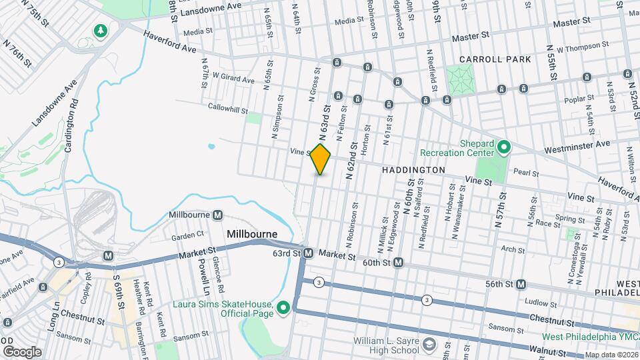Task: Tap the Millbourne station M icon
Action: pyautogui.click(x=217, y=215)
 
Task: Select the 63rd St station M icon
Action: pyautogui.click(x=308, y=253)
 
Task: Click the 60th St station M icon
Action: pyautogui.click(x=398, y=263)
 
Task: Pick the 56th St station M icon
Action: pyautogui.click(x=521, y=284)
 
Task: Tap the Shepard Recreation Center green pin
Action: pyautogui.click(x=505, y=146)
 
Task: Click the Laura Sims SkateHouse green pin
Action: pyautogui.click(x=283, y=307)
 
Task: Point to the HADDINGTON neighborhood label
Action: pyautogui.click(x=413, y=171)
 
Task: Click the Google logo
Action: pyautogui.click(x=22, y=351)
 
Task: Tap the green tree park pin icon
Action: pyautogui.click(x=101, y=31)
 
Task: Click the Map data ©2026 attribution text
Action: pyautogui.click(x=611, y=355)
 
